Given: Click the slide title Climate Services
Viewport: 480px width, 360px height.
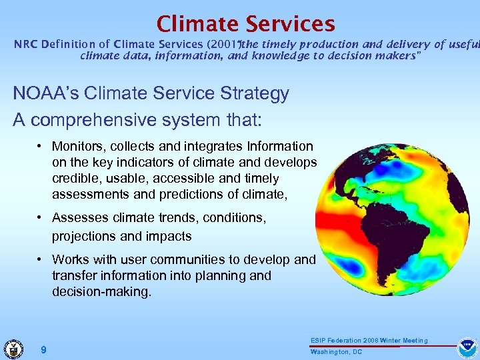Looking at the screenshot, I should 245,24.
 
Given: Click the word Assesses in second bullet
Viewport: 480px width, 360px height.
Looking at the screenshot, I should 78,218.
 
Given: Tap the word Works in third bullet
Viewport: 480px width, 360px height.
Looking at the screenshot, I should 69,259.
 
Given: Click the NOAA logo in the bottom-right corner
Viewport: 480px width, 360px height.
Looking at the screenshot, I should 466,348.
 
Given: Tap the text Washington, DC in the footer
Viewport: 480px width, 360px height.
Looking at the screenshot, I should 336,351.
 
